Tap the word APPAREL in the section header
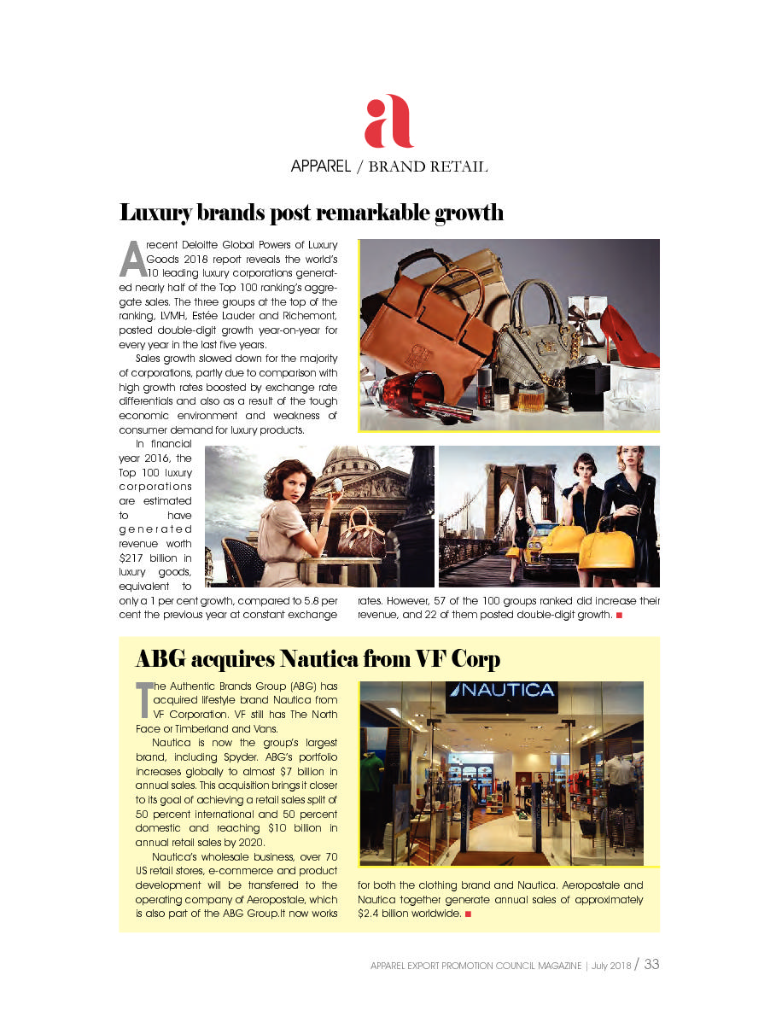(x=320, y=166)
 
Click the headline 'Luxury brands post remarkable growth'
(x=311, y=213)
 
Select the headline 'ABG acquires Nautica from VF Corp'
(x=318, y=659)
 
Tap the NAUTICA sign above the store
(x=502, y=691)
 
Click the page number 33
(x=651, y=964)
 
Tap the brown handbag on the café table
(x=359, y=533)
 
